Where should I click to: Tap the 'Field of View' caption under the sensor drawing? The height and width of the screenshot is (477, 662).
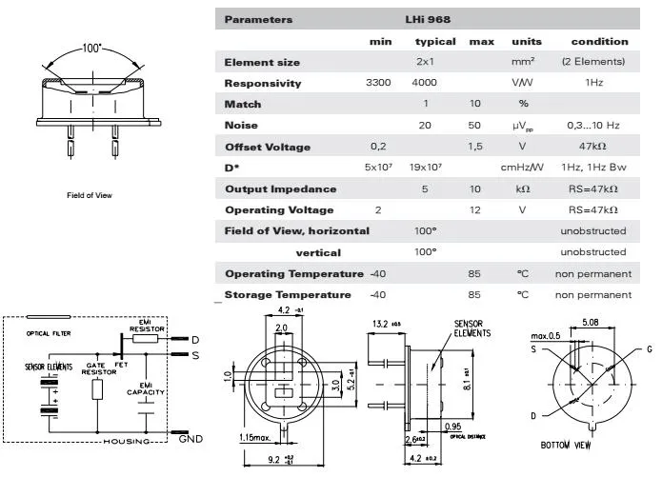[90, 195]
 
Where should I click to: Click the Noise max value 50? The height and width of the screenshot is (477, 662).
[481, 126]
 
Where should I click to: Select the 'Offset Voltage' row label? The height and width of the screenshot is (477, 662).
[267, 147]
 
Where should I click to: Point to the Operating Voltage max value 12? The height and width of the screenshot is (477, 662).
[481, 209]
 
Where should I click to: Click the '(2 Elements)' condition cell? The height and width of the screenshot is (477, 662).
[594, 63]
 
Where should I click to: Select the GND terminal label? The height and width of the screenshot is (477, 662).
[191, 439]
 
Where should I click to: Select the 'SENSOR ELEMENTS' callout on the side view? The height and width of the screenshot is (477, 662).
[471, 329]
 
